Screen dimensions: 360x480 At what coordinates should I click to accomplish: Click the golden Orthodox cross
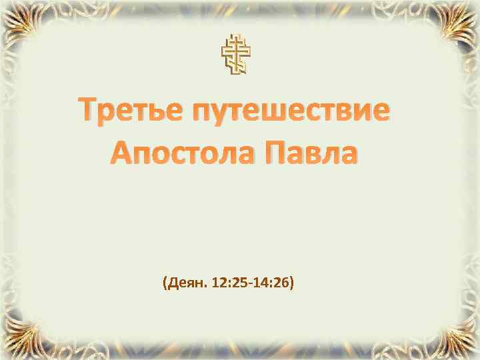[237, 54]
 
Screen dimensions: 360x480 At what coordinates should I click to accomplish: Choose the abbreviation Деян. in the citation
[186, 284]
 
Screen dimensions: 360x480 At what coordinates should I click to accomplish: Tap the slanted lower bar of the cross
[237, 63]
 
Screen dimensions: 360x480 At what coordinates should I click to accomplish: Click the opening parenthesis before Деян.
[164, 284]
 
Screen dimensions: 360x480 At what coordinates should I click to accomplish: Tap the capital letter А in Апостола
[119, 155]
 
